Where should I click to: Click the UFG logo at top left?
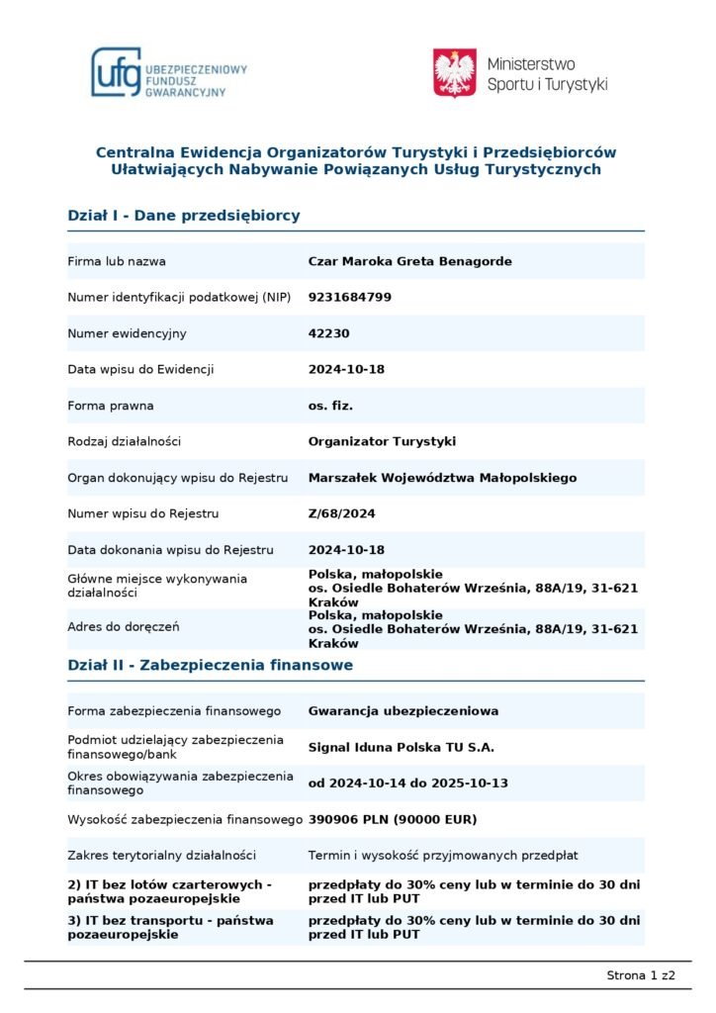tap(168, 73)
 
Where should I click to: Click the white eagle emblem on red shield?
tap(455, 73)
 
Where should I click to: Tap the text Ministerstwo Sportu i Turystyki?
tap(547, 74)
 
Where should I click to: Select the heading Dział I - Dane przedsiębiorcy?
tap(184, 216)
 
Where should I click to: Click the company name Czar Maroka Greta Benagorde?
tap(410, 261)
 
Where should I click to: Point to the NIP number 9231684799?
tap(350, 297)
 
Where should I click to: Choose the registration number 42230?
tap(329, 333)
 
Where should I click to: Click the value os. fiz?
tap(331, 406)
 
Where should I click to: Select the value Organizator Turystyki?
tap(383, 441)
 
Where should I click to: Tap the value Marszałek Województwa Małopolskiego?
tap(442, 478)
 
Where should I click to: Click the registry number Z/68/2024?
tap(342, 513)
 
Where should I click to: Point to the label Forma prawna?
tap(111, 406)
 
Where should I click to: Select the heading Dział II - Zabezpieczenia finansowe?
tap(210, 666)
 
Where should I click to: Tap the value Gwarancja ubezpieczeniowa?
tap(403, 710)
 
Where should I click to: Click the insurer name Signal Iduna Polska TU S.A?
tap(402, 747)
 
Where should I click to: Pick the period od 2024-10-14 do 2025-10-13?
tap(408, 783)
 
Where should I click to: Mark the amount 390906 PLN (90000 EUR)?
tap(393, 819)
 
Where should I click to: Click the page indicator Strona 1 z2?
tap(641, 975)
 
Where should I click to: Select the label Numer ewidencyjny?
tap(127, 333)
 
